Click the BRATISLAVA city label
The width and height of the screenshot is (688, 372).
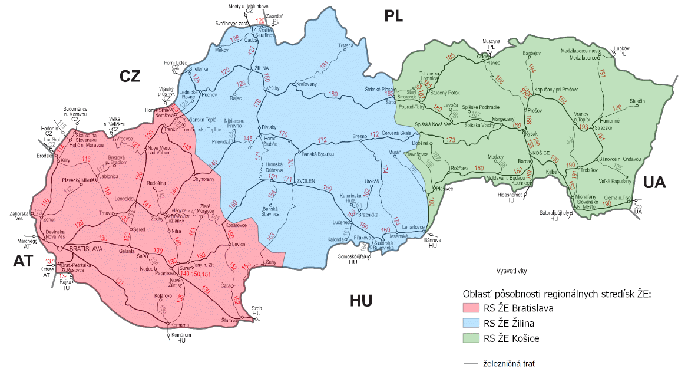tap(87, 249)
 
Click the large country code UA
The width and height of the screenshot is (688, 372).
tap(654, 183)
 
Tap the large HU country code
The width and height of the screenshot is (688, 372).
tap(361, 301)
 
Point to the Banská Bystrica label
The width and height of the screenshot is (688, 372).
tap(317, 154)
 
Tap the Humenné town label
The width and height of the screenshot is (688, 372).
tap(610, 120)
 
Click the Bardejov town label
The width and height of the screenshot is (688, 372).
tap(532, 53)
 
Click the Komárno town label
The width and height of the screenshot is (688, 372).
tap(178, 325)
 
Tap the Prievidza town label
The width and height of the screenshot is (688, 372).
tap(221, 141)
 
